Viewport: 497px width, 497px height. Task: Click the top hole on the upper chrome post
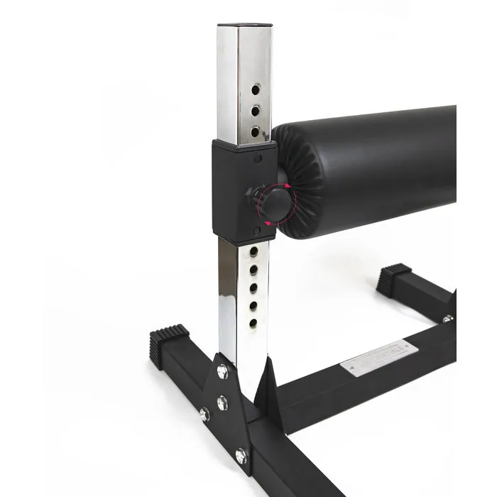pos(256,89)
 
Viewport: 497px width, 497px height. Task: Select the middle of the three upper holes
pos(256,109)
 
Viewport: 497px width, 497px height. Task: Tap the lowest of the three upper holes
pos(256,131)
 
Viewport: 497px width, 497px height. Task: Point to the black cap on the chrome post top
pos(244,26)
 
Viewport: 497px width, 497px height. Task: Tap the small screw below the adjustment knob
pos(256,231)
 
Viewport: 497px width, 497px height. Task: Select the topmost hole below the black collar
pos(253,251)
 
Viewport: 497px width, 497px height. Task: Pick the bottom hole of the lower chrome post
pos(253,323)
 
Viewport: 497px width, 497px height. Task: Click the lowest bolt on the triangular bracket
pos(240,453)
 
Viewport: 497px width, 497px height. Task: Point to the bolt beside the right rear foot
pos(447,319)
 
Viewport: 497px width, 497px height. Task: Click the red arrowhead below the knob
pos(268,222)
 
